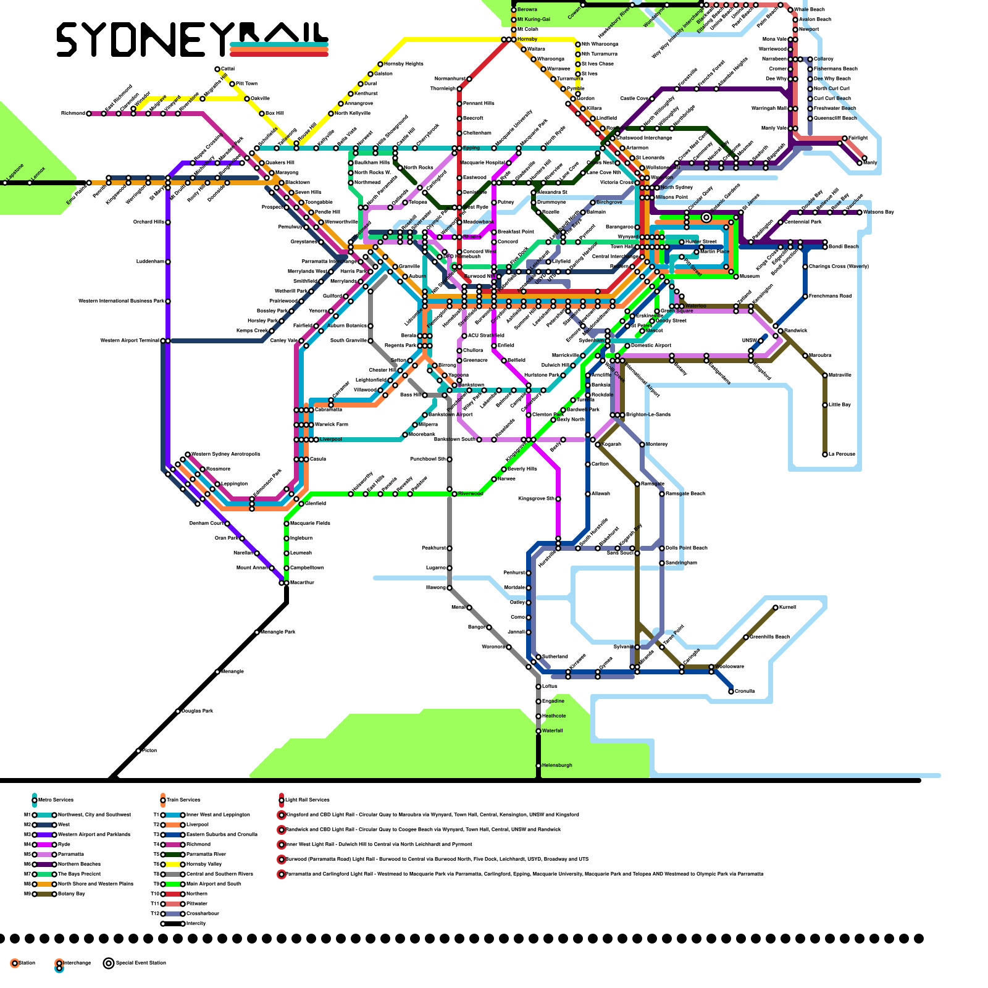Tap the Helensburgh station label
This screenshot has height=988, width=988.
557,766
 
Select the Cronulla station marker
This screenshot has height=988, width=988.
731,692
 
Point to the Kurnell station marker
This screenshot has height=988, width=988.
776,608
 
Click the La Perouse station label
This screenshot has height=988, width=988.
842,454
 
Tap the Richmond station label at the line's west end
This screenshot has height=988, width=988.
73,114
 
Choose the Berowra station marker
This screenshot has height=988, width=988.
514,10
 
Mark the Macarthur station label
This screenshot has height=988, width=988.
302,583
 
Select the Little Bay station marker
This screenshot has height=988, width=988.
825,405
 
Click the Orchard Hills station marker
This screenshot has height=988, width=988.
168,222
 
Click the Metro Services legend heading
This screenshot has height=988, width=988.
56,800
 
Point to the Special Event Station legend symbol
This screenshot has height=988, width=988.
109,963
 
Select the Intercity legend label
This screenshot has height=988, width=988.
196,924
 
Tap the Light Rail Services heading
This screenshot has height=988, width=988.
307,800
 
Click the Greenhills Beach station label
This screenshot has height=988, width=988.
769,637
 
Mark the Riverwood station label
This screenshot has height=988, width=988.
470,494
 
